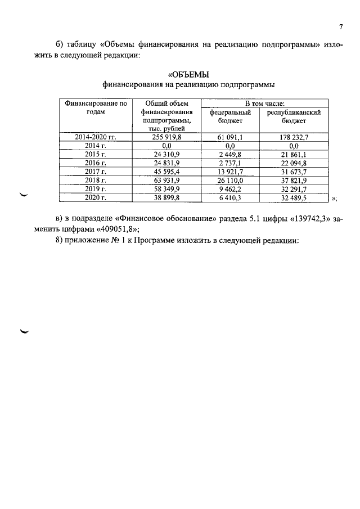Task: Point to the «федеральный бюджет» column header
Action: (230, 116)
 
